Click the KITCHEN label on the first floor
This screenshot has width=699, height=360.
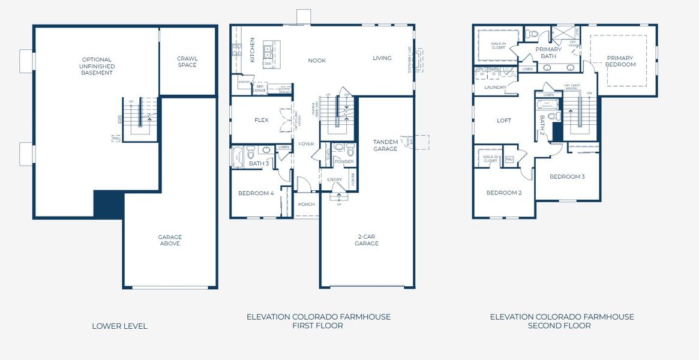tap(253, 50)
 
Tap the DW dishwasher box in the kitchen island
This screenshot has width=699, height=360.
tap(268, 63)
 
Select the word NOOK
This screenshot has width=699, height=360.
tap(317, 61)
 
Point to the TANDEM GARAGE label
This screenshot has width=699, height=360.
tap(385, 145)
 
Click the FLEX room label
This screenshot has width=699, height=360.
tap(261, 120)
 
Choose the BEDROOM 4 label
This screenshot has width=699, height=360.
tap(256, 193)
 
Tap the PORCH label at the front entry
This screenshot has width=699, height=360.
tap(307, 204)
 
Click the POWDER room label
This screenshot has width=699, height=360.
tap(344, 162)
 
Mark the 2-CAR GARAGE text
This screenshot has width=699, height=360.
tap(367, 240)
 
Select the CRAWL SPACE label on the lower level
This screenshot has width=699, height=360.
tap(187, 62)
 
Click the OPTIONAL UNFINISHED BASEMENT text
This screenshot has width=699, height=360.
tap(97, 66)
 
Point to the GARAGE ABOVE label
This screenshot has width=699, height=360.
tap(170, 240)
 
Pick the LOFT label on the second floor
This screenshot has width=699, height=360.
tap(504, 121)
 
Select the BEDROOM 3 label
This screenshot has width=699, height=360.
tap(567, 177)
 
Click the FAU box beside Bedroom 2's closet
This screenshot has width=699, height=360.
tap(509, 159)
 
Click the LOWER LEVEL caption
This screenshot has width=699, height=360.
tap(119, 326)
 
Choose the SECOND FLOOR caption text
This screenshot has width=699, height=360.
tap(559, 326)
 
